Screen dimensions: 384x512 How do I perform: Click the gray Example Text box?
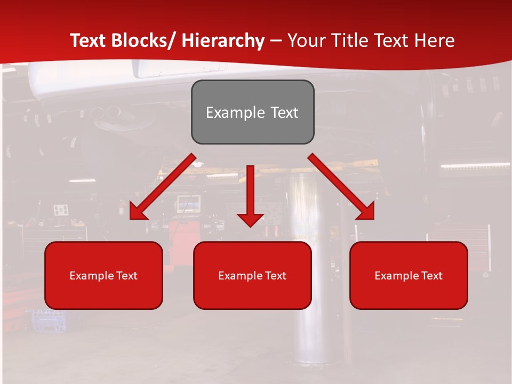point(252,112)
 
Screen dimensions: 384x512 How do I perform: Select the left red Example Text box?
point(103,275)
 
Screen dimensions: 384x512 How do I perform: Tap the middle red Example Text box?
point(252,275)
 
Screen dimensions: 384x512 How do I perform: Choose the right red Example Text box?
point(409,275)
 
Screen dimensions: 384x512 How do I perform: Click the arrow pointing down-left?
point(163,187)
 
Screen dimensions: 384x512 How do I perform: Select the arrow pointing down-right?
point(341,187)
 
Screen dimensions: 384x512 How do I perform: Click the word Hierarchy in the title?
point(223,41)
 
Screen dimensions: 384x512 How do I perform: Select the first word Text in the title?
point(89,41)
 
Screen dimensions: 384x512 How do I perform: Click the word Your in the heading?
point(305,41)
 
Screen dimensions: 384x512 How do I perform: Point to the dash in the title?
point(276,41)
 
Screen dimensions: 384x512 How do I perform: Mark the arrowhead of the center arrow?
point(250,219)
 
